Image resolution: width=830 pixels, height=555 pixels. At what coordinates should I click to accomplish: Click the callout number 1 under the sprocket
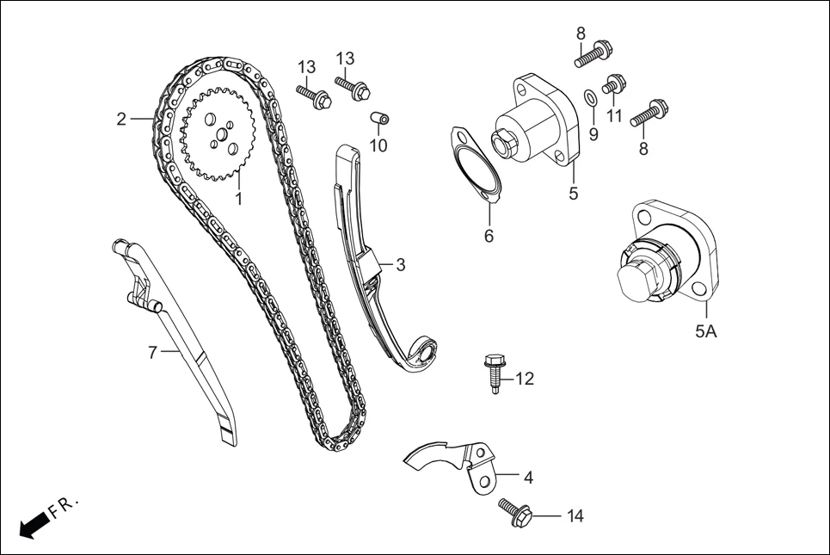[x=238, y=198]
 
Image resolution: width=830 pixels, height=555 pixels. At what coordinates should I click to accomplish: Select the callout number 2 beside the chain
[x=122, y=119]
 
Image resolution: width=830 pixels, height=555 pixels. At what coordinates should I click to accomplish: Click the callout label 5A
[x=705, y=330]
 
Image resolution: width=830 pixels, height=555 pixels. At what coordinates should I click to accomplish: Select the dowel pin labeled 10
[x=379, y=117]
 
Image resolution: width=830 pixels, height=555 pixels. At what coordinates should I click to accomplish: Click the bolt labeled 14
[x=514, y=512]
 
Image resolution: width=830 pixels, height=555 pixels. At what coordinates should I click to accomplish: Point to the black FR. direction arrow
[x=33, y=524]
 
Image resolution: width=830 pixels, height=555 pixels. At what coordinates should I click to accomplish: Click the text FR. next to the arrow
[x=65, y=505]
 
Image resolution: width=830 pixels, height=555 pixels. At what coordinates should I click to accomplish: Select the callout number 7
[x=152, y=352]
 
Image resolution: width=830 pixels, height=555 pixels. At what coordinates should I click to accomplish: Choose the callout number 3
[x=400, y=265]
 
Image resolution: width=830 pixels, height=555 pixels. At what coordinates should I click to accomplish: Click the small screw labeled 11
[x=613, y=84]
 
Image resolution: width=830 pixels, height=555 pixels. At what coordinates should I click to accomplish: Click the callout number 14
[x=575, y=516]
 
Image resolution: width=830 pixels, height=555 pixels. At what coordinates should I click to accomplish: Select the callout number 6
[x=489, y=235]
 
